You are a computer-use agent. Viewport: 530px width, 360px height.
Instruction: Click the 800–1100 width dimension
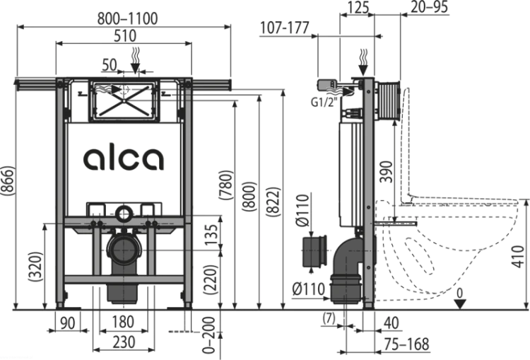click(127, 18)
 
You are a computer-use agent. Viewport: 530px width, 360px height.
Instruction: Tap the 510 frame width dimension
click(124, 35)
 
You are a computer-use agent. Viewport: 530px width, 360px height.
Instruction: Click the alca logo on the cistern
click(124, 158)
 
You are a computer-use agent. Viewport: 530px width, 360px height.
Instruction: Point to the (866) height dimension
click(8, 180)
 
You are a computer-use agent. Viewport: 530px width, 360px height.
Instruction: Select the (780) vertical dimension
click(226, 185)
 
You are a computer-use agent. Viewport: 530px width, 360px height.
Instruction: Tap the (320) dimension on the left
click(36, 267)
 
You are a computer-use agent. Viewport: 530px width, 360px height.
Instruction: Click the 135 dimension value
click(211, 235)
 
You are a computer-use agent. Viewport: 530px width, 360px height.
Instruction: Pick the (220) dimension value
click(211, 279)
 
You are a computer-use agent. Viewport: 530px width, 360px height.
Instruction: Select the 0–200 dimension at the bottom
click(211, 335)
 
